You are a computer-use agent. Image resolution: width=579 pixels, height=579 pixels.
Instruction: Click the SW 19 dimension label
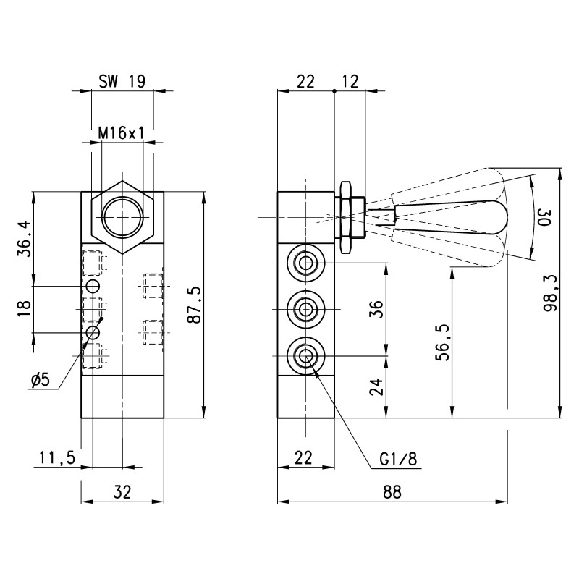point(121,81)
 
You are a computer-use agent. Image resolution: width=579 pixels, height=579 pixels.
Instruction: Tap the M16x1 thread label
point(122,133)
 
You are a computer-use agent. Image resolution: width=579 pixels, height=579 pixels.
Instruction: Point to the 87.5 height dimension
point(194,305)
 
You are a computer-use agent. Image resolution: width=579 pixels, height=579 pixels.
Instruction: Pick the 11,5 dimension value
point(57,457)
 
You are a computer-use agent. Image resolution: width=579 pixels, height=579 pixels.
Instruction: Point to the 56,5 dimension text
point(443,342)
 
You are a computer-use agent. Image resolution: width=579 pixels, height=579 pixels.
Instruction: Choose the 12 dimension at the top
point(350,81)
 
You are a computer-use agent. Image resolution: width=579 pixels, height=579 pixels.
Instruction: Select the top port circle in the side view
point(305,262)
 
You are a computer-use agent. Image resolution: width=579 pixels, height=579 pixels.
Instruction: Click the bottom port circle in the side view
point(305,356)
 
